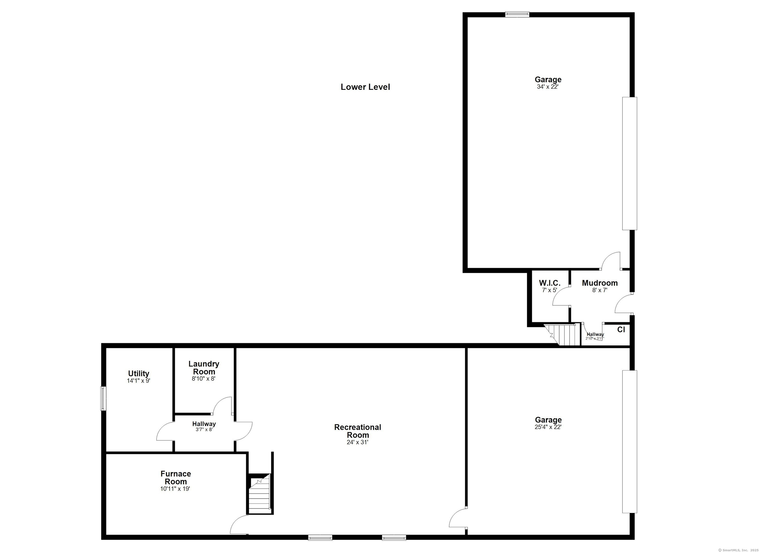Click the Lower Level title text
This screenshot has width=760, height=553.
(365, 87)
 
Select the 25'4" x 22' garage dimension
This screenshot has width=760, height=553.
(548, 427)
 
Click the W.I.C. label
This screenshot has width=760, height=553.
(549, 283)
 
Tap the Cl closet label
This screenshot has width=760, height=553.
(621, 330)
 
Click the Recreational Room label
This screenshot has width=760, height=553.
(357, 431)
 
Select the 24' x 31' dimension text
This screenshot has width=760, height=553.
(357, 442)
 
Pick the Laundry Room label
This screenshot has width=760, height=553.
(204, 368)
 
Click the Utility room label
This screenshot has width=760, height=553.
(139, 373)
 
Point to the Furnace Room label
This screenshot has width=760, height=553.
(176, 478)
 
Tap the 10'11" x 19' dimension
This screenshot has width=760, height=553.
(175, 489)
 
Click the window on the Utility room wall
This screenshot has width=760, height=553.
(103, 398)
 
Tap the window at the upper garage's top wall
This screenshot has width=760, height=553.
(517, 14)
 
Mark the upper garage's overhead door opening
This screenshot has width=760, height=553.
(629, 163)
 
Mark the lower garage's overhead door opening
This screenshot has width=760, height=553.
(629, 442)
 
